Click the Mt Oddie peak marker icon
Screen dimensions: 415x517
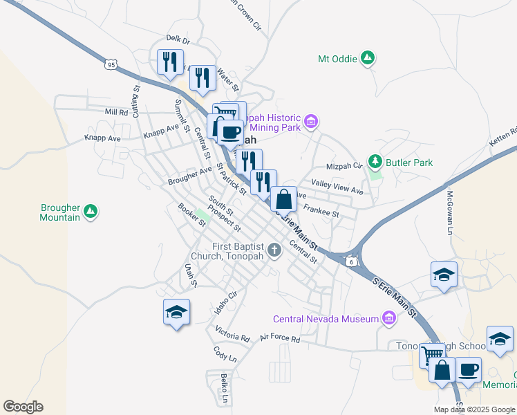[368, 59]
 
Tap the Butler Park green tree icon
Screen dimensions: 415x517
[375, 163]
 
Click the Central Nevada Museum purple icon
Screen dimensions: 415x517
[389, 319]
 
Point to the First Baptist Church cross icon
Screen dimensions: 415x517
[275, 250]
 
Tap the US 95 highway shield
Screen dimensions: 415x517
[111, 64]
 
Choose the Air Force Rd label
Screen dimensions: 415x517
[280, 339]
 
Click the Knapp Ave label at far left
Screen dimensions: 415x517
[102, 138]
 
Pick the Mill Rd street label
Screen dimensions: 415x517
[117, 112]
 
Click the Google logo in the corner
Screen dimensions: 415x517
[23, 407]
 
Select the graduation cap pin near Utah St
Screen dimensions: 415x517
[176, 312]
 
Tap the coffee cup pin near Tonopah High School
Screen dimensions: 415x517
[468, 369]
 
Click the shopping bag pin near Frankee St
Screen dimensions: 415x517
[283, 200]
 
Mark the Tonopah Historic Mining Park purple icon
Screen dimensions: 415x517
[311, 122]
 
